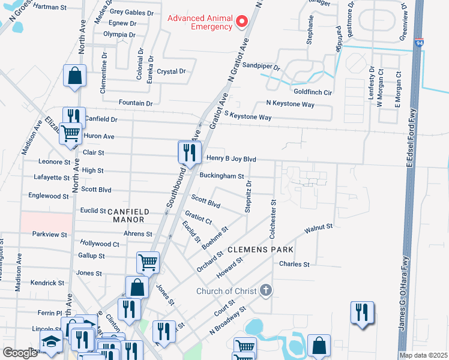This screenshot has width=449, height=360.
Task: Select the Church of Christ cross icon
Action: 267,291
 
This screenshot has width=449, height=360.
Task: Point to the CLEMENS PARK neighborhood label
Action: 260,249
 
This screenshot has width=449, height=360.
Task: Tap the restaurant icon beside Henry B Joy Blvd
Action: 190,152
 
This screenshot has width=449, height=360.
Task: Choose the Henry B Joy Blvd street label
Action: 231,159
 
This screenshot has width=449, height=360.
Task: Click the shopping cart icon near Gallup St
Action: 147,262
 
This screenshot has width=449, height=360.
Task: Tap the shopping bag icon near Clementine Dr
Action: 74,76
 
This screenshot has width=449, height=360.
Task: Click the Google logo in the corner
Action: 20,353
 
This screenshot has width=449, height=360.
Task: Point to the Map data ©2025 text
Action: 423,355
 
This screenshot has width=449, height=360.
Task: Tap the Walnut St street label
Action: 318,228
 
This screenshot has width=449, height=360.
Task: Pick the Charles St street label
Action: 294,264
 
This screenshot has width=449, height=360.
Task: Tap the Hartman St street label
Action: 50,7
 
